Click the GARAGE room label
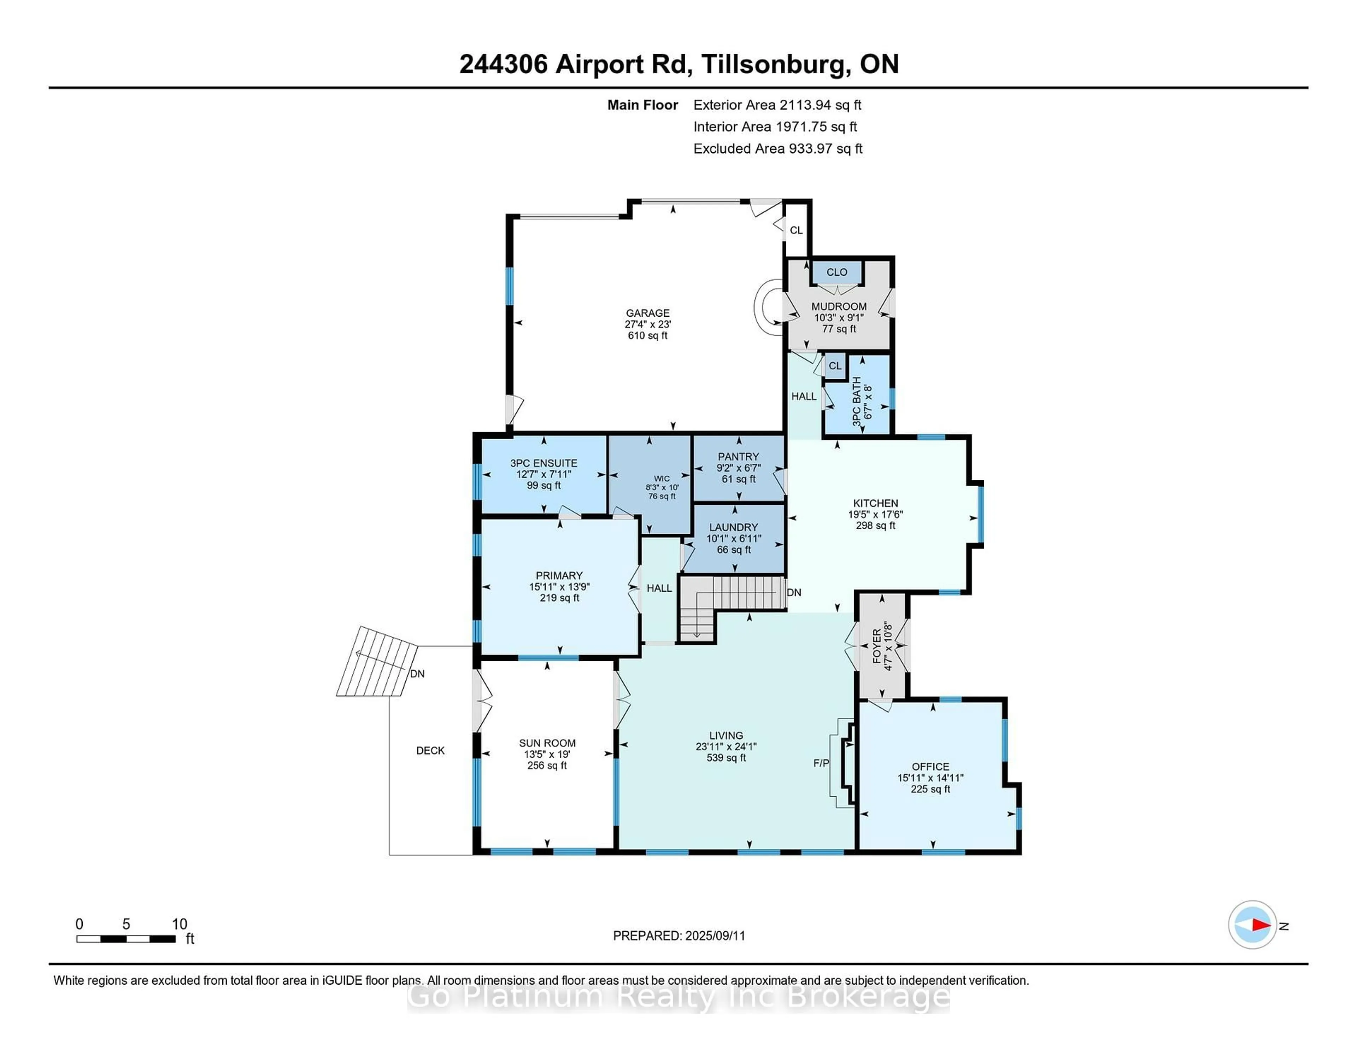[647, 313]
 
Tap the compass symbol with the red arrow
[1252, 925]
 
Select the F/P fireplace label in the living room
[821, 763]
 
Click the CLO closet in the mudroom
[837, 272]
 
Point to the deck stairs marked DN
[377, 662]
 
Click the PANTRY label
[738, 457]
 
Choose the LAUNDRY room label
[733, 527]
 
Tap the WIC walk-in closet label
[662, 479]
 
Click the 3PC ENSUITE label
[544, 463]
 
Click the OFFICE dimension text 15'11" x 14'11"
[930, 778]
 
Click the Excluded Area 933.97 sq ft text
[778, 148]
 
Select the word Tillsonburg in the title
[774, 65]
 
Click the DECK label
[430, 751]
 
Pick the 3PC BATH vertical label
[857, 402]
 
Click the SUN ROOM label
[547, 743]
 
